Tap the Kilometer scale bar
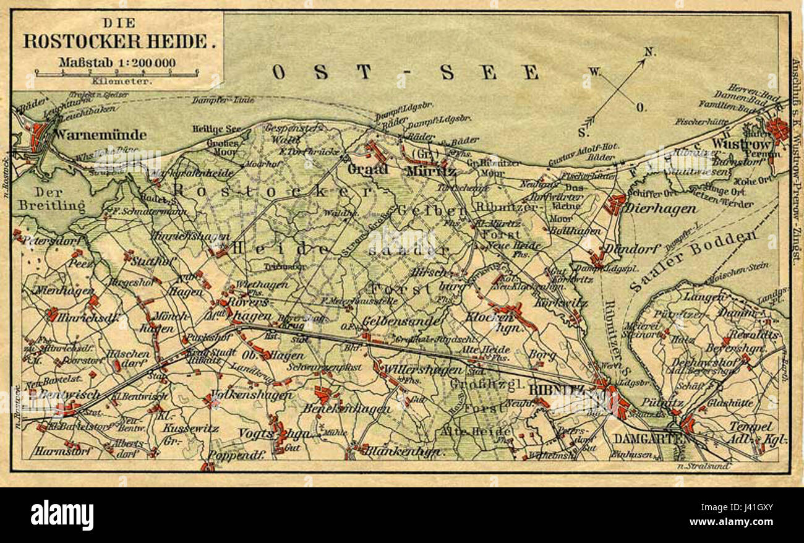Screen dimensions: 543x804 [x=117, y=73]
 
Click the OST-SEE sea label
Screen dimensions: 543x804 [x=405, y=72]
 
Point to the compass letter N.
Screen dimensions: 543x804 [x=649, y=52]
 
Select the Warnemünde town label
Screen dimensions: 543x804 [x=100, y=134]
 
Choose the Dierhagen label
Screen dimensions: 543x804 [x=659, y=209]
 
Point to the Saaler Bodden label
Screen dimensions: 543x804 [x=693, y=260]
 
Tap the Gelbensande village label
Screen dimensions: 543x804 [x=401, y=321]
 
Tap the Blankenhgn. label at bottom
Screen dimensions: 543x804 [x=404, y=451]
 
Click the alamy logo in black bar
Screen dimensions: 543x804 [x=62, y=515]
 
